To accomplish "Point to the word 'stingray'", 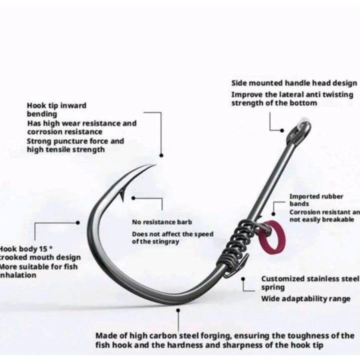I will (164, 241).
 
